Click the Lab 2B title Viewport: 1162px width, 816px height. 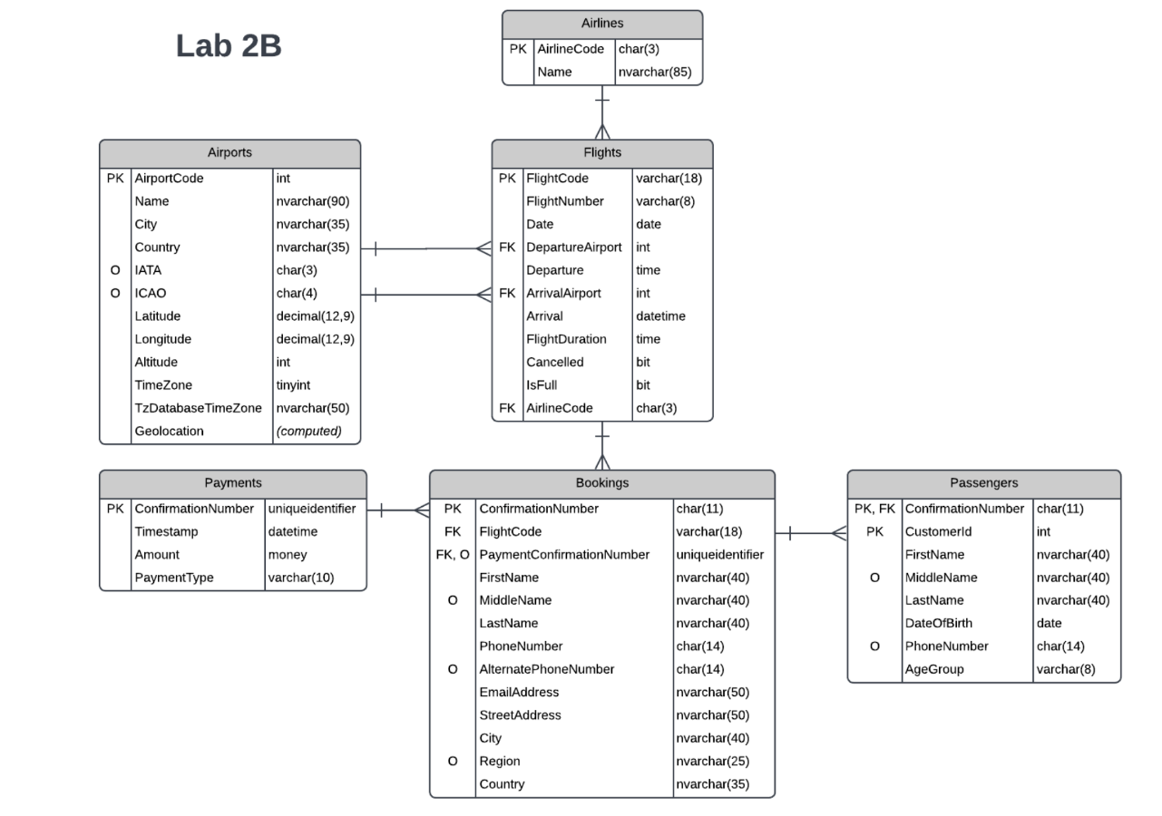[229, 46]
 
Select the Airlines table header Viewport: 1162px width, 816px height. [602, 24]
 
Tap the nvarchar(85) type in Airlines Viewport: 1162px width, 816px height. [653, 72]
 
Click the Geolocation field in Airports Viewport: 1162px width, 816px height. [170, 432]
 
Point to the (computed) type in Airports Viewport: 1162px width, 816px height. [309, 432]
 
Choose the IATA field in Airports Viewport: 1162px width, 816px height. [150, 270]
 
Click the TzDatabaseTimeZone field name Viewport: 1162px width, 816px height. [199, 408]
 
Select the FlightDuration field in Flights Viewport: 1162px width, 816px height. [567, 339]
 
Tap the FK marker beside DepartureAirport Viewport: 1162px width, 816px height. [507, 247]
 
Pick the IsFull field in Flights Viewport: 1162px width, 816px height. [542, 385]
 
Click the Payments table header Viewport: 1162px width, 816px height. [233, 483]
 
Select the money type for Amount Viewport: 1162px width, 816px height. [288, 554]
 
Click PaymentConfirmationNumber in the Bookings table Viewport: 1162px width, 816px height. [564, 554]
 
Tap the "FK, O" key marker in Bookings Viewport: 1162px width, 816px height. [452, 554]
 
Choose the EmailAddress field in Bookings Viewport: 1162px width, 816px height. [519, 693]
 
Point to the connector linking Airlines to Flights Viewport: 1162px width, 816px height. [602, 112]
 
